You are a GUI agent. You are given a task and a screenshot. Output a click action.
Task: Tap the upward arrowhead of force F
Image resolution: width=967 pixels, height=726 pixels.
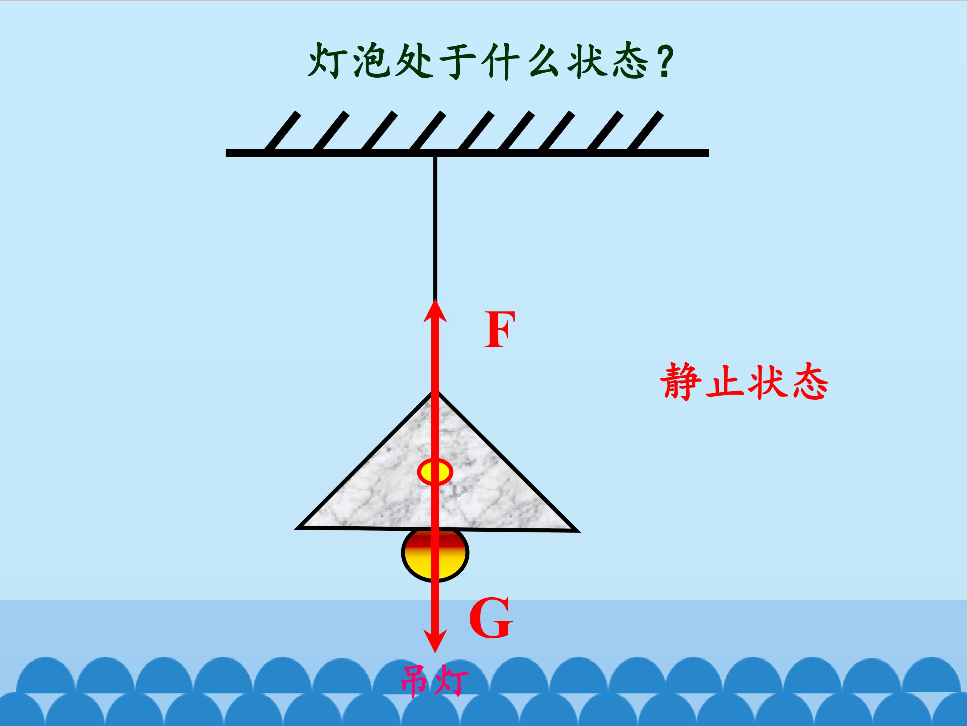(435, 311)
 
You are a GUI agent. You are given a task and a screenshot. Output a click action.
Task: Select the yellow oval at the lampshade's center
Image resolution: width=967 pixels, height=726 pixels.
(435, 472)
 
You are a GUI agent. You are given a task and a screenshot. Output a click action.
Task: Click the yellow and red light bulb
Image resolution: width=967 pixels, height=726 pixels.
(435, 555)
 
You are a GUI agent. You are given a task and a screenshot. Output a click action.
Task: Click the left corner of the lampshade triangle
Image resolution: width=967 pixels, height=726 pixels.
(297, 528)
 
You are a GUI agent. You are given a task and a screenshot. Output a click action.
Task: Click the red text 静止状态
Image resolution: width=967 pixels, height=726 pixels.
(744, 381)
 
